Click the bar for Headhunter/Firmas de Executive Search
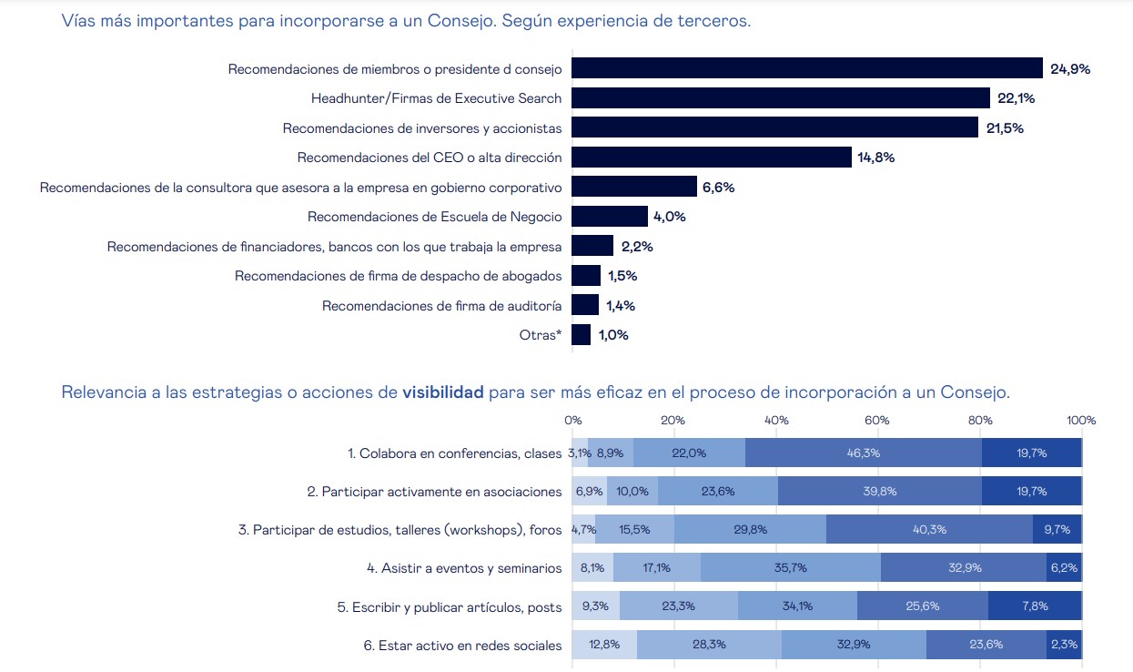[x=780, y=98]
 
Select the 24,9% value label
[x=1070, y=69]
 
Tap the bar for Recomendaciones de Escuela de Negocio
[x=610, y=217]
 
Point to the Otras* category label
[x=541, y=335]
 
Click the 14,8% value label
[x=875, y=158]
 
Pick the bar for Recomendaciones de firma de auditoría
[x=585, y=305]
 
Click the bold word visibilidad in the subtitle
[x=443, y=392]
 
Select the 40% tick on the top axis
[x=776, y=421]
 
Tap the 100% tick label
[x=1081, y=421]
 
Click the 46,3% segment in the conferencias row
[x=864, y=453]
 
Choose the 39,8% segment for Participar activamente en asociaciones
[x=880, y=491]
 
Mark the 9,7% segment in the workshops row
[x=1057, y=529]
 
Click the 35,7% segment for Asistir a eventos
[x=790, y=567]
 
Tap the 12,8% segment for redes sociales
[x=604, y=645]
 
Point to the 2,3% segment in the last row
[x=1064, y=645]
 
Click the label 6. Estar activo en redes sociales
[x=462, y=646]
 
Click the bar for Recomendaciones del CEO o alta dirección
[x=712, y=158]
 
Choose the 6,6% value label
[x=718, y=188]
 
